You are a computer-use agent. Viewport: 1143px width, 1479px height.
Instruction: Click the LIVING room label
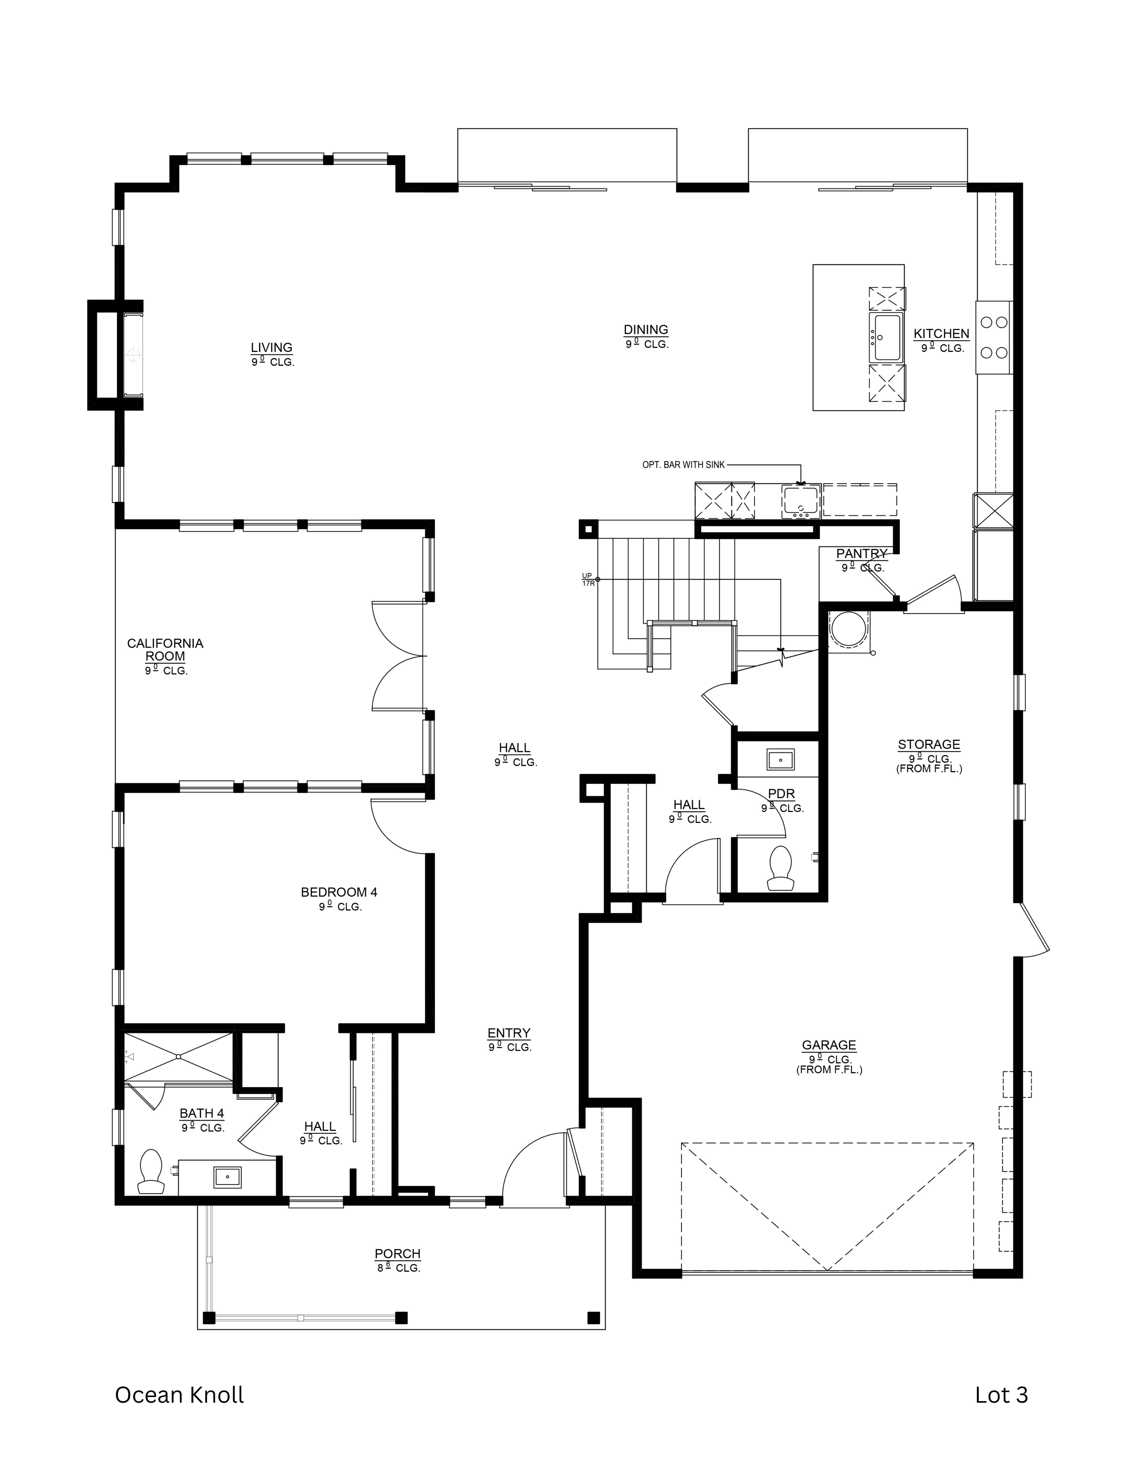[x=272, y=347]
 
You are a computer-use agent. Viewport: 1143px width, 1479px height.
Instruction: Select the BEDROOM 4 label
[x=339, y=892]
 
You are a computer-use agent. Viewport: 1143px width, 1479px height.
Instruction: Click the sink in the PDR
[x=781, y=760]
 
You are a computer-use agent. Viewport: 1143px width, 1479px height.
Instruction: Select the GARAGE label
[x=829, y=1045]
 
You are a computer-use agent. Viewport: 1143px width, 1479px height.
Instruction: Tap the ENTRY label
[x=508, y=1033]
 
